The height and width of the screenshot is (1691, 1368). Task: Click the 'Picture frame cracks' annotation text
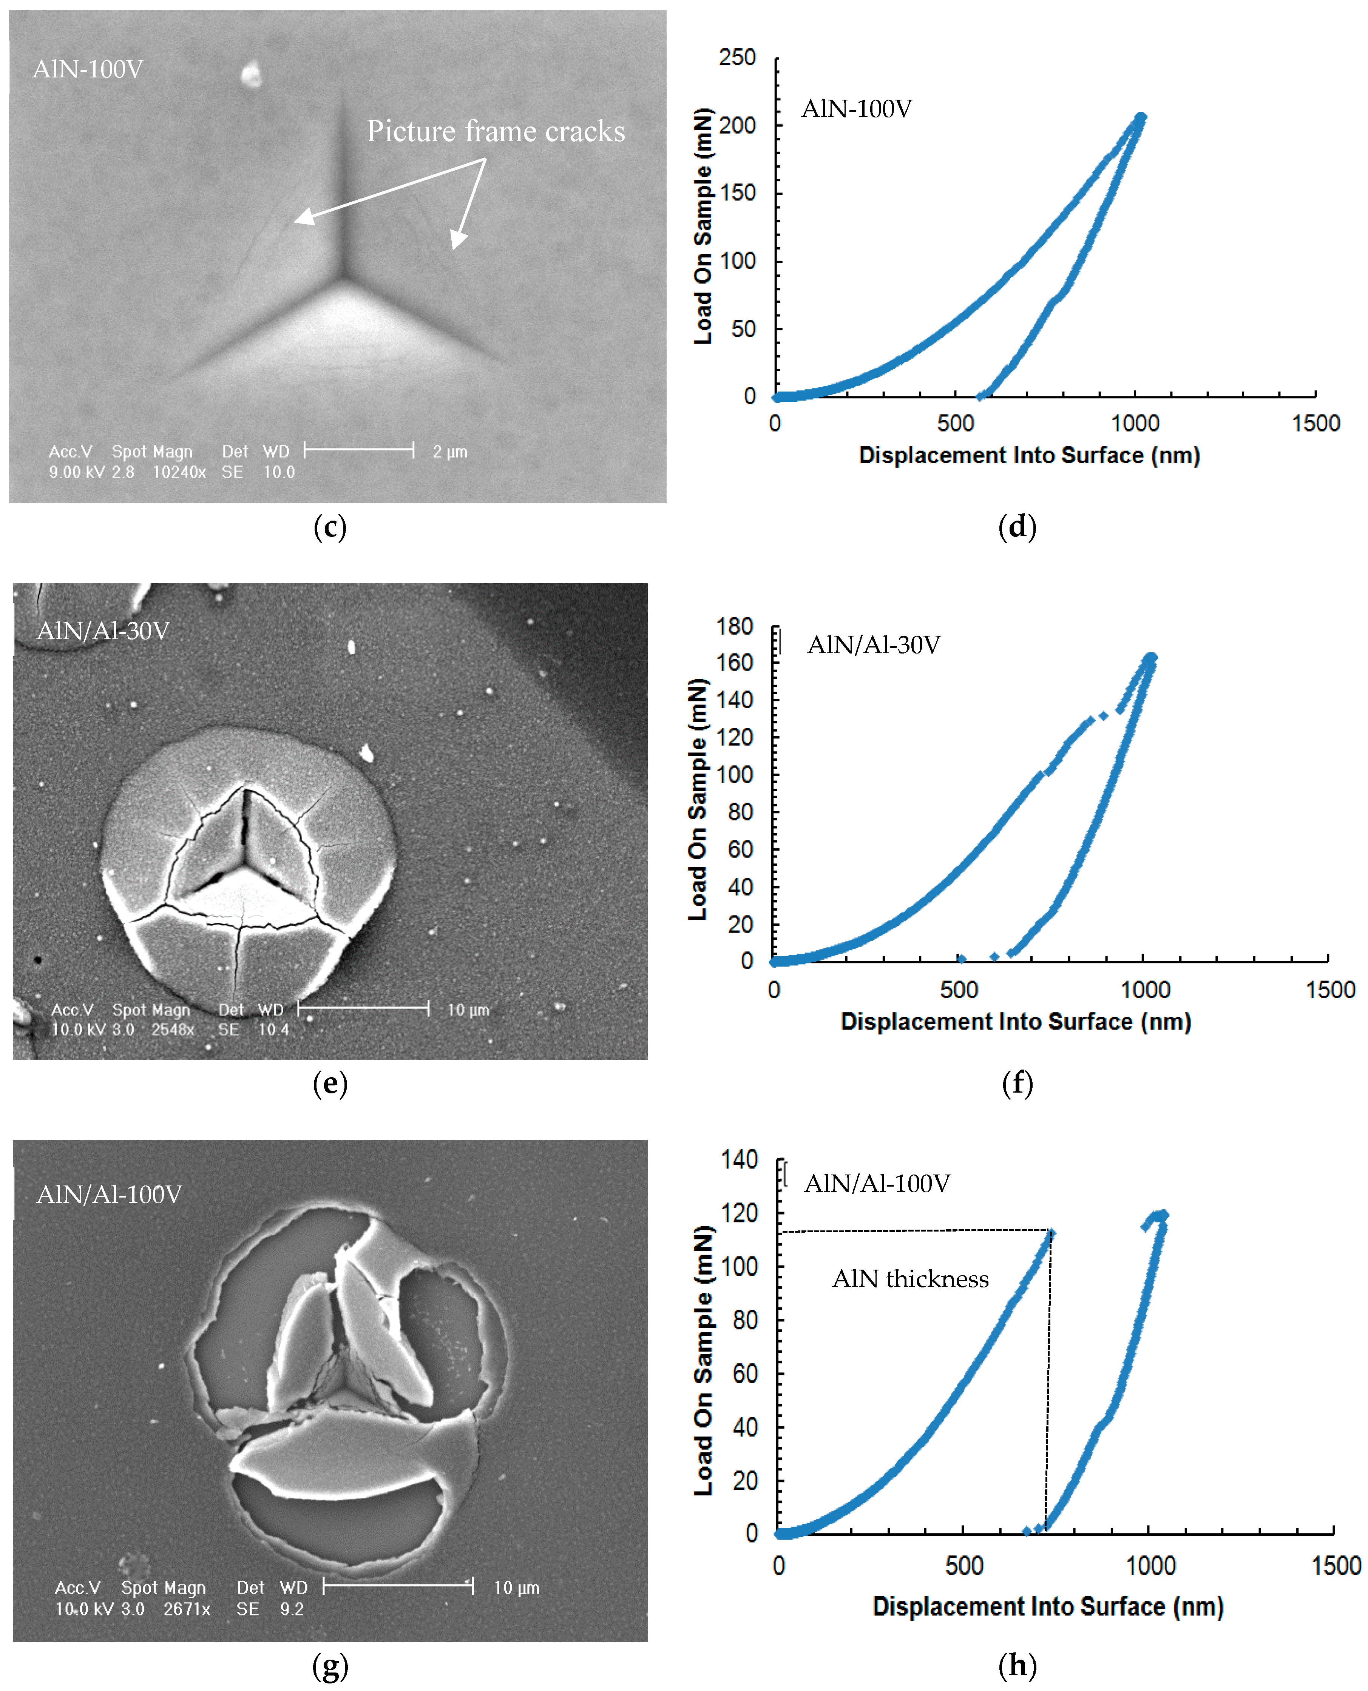coord(496,131)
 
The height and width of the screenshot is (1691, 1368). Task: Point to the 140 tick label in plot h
coord(739,1160)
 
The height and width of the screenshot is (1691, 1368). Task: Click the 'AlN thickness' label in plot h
coord(910,1279)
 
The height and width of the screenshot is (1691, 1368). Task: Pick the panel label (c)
coord(329,527)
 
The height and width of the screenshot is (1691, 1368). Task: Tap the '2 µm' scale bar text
coord(450,452)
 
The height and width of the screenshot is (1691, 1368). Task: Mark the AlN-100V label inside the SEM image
coord(88,69)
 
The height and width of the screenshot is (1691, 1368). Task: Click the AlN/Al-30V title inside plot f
coord(873,645)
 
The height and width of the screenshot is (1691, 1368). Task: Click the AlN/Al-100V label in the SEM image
coord(109,1195)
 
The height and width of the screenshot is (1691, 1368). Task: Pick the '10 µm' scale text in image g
coord(516,1588)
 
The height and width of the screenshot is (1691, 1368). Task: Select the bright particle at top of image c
coord(250,75)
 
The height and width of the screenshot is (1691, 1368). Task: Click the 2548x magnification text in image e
coord(173,1030)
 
